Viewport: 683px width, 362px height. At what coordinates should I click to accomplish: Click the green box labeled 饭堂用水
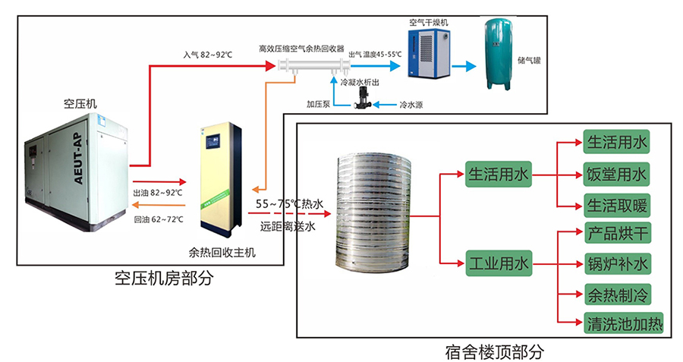(x=616, y=175)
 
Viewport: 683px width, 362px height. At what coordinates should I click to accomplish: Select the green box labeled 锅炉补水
(x=617, y=264)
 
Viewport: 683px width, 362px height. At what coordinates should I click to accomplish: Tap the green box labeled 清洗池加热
(x=623, y=323)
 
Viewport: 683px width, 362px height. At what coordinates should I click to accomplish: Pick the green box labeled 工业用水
(x=499, y=263)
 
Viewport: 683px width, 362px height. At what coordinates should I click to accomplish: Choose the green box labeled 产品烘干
(x=617, y=234)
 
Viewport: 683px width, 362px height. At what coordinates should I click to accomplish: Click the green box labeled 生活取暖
(x=617, y=206)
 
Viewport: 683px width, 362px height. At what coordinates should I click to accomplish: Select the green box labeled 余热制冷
(x=617, y=294)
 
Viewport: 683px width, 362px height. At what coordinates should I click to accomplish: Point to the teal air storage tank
(x=499, y=54)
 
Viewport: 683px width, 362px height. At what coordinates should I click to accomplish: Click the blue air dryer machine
(x=429, y=53)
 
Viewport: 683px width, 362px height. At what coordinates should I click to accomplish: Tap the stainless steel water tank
(x=373, y=213)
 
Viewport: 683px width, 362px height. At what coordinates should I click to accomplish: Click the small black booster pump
(x=362, y=98)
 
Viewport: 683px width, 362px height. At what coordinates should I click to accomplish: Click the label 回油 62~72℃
(x=158, y=219)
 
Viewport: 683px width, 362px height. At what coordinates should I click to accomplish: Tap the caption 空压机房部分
(x=164, y=279)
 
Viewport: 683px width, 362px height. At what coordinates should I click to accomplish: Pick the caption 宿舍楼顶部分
(x=494, y=352)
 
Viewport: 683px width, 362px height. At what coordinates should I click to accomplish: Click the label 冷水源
(x=411, y=105)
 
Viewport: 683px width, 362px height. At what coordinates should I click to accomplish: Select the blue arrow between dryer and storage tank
(x=464, y=66)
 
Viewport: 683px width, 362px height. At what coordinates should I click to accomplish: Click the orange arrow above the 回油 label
(x=159, y=205)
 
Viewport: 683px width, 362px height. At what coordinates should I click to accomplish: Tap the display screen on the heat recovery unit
(x=213, y=140)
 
